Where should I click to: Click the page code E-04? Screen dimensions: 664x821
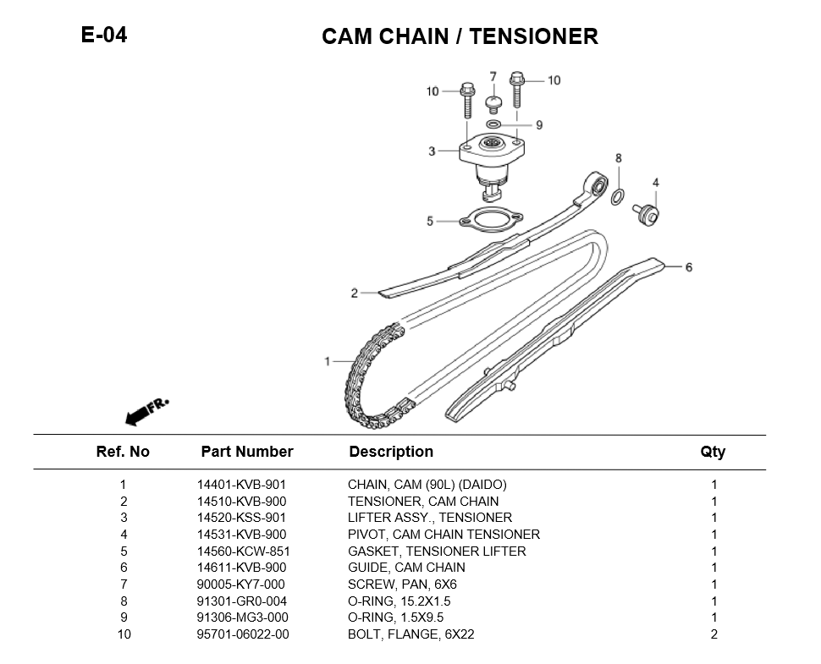[104, 35]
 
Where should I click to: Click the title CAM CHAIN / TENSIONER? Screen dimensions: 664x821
[460, 36]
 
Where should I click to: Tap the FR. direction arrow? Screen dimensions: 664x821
[147, 409]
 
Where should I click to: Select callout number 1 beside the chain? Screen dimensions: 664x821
[328, 362]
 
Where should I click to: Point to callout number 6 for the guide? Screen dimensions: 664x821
[688, 267]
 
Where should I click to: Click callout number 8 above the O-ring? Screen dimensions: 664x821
[619, 158]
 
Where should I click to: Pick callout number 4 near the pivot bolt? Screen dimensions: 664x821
[655, 183]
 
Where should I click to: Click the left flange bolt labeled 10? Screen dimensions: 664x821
[467, 99]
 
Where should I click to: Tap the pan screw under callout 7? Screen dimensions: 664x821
[493, 103]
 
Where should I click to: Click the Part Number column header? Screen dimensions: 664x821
[246, 452]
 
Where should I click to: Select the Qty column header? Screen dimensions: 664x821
[713, 452]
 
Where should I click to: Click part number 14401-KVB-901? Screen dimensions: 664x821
[241, 485]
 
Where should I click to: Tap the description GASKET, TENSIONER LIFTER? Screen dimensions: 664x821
[437, 551]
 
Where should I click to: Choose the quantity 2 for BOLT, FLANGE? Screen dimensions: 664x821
[714, 634]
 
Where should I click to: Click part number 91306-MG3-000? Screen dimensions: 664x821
[242, 617]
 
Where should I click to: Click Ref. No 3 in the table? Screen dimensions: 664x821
[124, 518]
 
